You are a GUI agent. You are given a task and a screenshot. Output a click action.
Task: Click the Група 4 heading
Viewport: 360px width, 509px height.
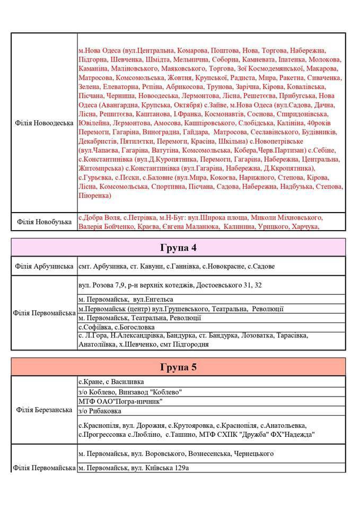point(179,248)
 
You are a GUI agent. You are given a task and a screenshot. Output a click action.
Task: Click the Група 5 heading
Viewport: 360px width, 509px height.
point(179,367)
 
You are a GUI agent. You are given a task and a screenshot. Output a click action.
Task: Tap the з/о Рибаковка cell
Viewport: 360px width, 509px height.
point(100,411)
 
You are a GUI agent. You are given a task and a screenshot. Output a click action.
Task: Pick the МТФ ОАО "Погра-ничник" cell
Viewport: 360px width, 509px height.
point(120,401)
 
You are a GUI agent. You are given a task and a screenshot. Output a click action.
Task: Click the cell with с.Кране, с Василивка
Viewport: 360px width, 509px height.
point(111,382)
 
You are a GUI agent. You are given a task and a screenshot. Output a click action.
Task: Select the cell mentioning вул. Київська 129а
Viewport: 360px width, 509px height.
point(134,468)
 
